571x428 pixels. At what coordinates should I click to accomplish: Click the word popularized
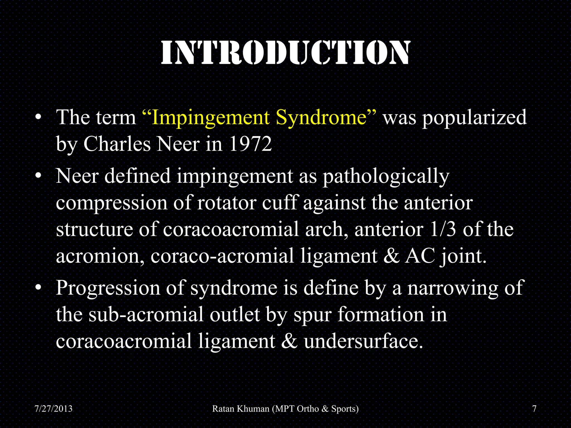coord(474,118)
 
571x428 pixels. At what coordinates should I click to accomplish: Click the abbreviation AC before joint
coord(420,256)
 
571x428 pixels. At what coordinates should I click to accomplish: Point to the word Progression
coord(108,288)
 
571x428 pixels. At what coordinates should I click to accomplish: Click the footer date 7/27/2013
coord(53,409)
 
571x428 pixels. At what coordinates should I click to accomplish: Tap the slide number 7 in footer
coord(534,409)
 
